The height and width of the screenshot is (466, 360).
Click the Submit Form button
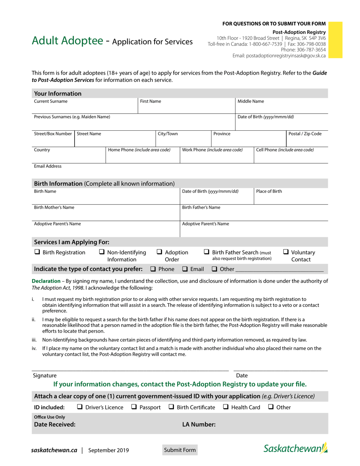click(180, 450)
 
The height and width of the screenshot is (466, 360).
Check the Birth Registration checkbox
click(37, 252)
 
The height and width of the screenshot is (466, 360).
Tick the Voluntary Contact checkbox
click(286, 252)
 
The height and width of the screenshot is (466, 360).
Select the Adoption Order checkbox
click(160, 252)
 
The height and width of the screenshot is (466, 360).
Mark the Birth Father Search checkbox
click(207, 252)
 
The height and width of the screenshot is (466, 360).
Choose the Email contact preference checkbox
click(185, 269)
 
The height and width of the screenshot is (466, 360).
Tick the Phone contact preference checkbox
click(153, 269)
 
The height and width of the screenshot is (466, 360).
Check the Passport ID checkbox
click(134, 407)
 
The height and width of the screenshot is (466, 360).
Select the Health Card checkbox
click(225, 407)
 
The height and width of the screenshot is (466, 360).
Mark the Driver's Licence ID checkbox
click(80, 407)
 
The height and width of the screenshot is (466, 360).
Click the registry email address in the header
click(279, 56)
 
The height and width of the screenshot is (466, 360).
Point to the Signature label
click(45, 375)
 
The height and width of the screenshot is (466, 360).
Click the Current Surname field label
click(51, 102)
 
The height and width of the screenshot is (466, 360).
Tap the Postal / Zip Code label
click(305, 134)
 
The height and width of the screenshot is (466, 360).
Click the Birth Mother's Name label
click(54, 208)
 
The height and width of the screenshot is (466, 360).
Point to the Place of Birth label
click(269, 191)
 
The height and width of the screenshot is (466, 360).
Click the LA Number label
click(199, 425)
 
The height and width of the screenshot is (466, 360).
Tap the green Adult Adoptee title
click(67, 41)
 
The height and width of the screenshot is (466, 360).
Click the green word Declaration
click(45, 281)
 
